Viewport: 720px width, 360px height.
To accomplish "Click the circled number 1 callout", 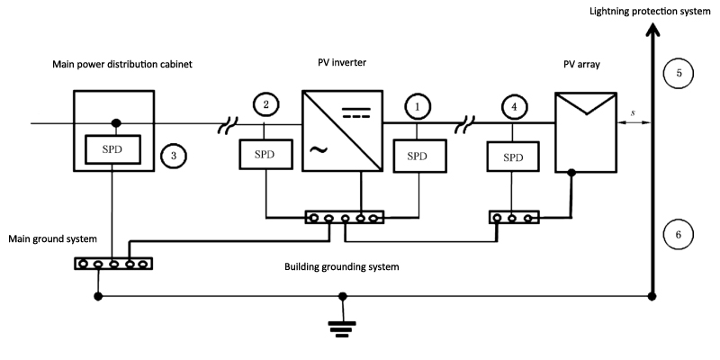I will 417,106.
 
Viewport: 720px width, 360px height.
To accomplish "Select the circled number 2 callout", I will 266,106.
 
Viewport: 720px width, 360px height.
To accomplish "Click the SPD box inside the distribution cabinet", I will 113,146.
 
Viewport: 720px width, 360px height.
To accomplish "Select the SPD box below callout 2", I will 265,155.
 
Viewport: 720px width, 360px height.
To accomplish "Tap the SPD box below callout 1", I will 416,155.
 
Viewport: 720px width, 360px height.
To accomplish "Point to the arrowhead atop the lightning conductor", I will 650,31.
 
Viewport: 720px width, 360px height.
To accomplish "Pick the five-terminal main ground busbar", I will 113,264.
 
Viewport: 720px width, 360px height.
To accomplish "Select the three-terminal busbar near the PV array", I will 514,217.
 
